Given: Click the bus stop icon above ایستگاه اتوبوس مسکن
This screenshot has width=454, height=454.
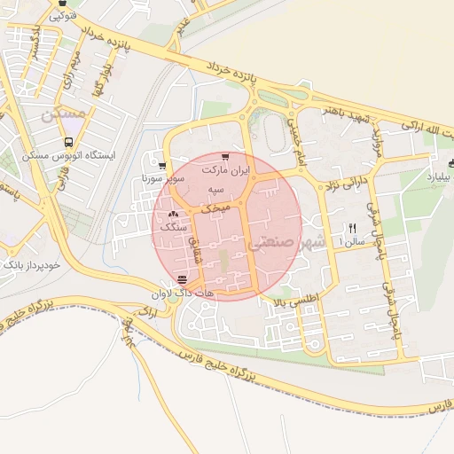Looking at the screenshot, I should click(69, 142).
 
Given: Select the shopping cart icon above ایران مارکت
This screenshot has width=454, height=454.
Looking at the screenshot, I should click(225, 157).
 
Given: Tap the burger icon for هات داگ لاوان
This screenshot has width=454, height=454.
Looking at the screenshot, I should click(182, 279).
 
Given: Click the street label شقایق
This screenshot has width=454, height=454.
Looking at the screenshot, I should click(197, 257).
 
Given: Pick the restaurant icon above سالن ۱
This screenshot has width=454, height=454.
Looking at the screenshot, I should click(353, 228).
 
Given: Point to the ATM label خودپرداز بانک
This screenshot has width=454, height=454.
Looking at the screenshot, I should click(31, 265).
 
